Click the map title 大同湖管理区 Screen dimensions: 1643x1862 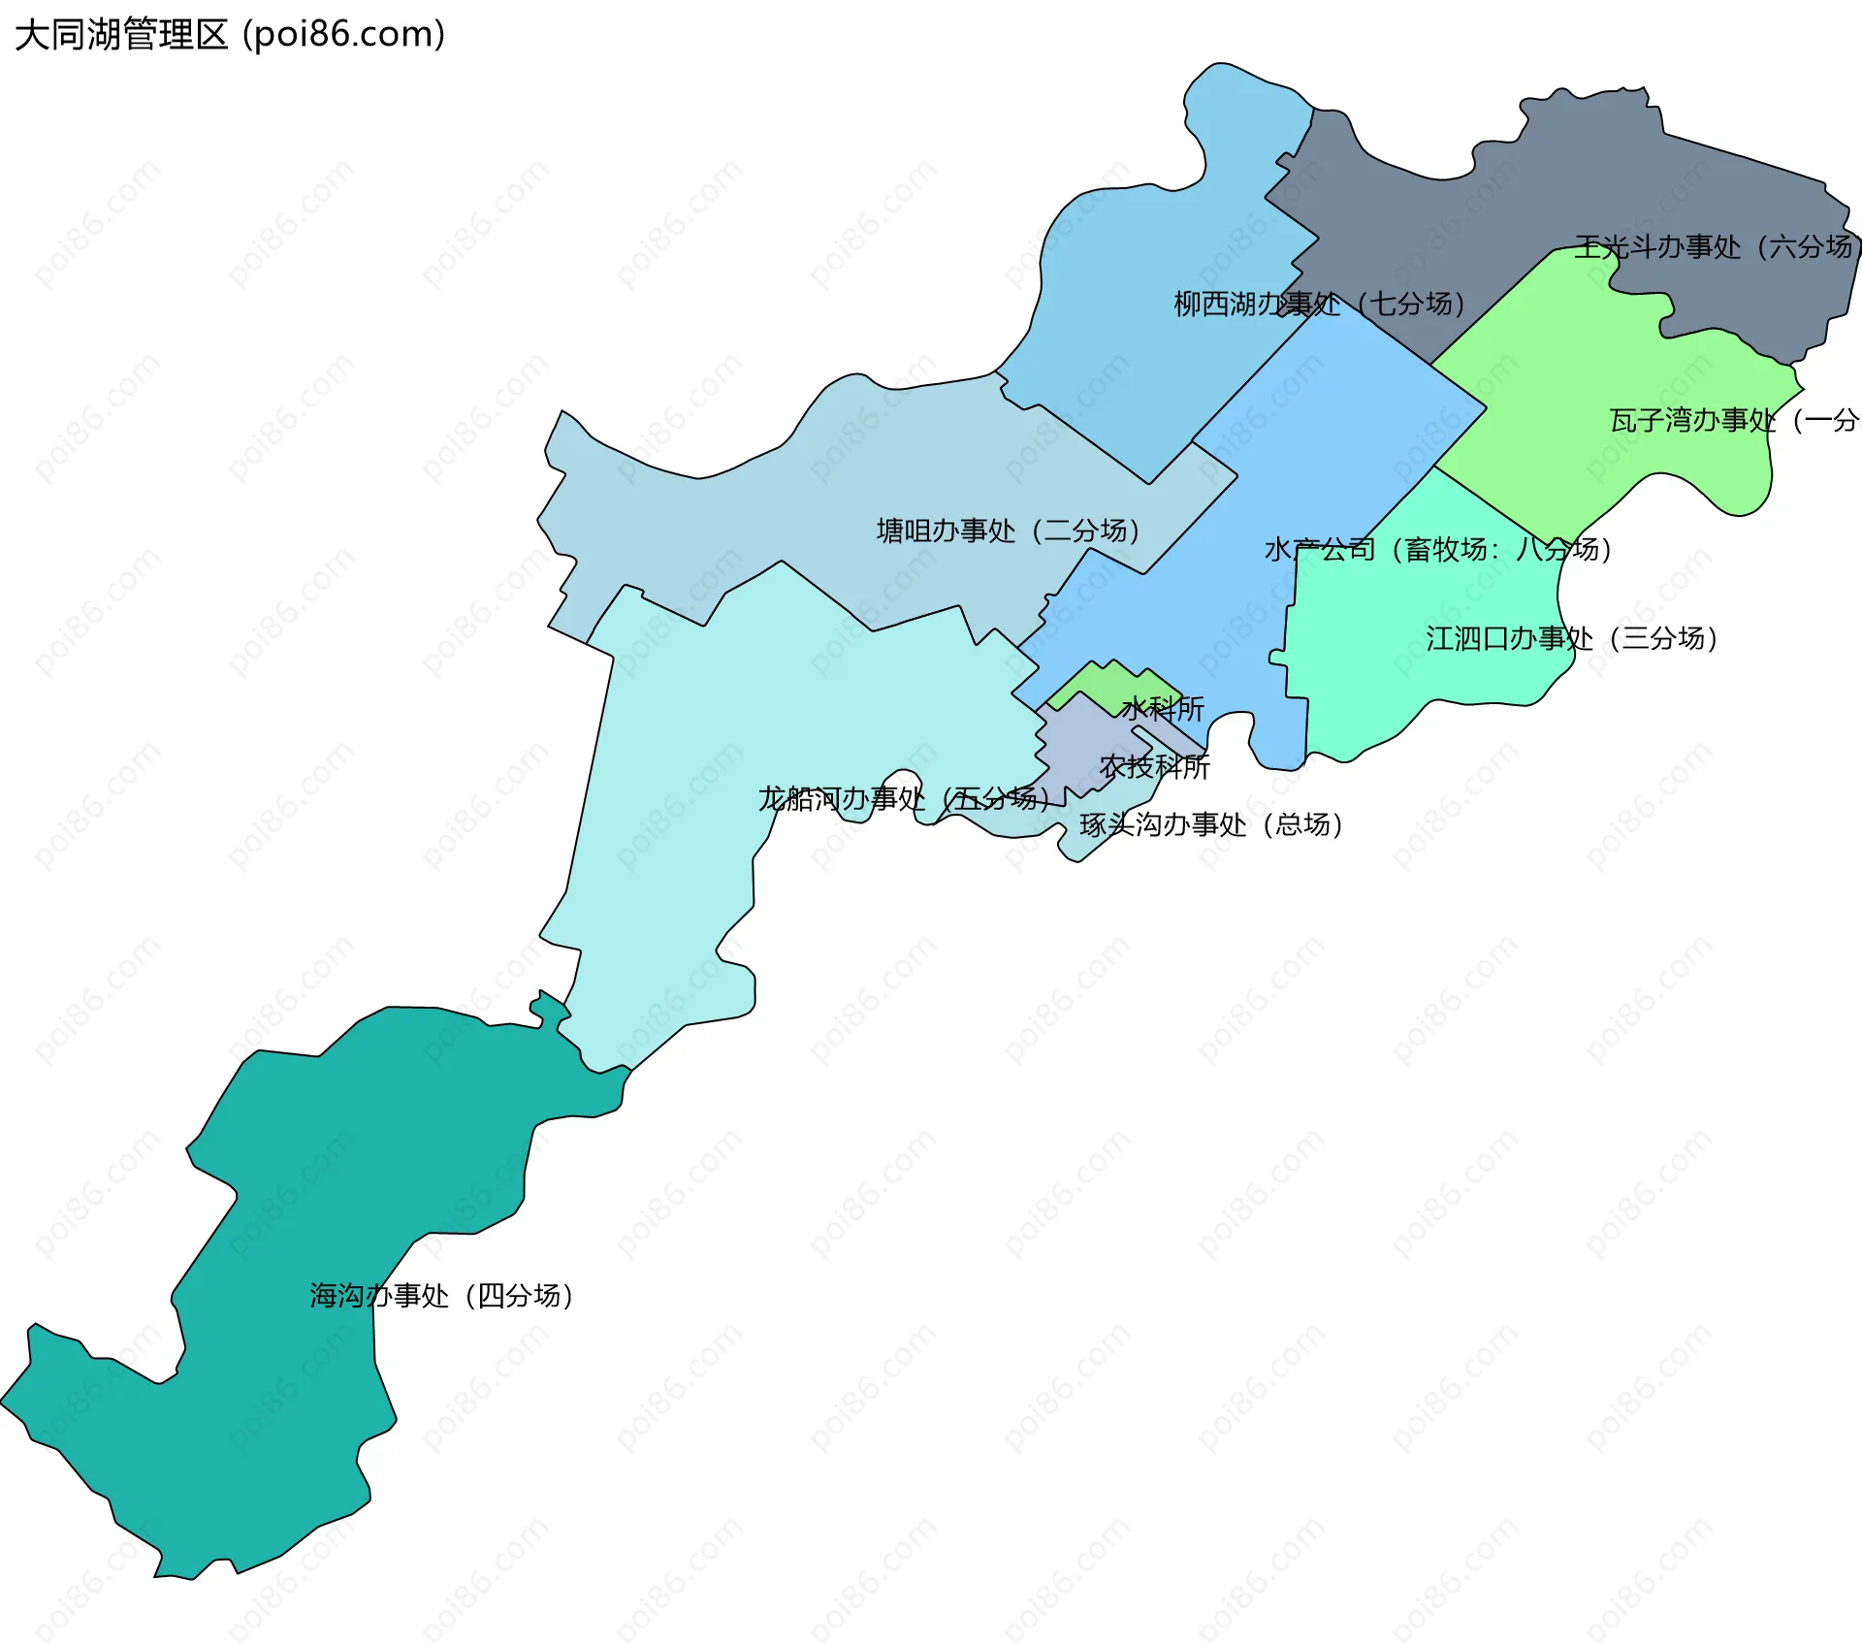coord(121,35)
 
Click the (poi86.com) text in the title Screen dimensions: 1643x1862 coord(344,35)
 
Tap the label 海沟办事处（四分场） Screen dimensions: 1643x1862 coord(442,1296)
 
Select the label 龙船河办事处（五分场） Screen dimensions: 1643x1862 coord(904,799)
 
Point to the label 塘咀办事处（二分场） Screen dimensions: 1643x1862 coord(1009,531)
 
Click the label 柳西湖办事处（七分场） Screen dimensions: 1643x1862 coord(1319,305)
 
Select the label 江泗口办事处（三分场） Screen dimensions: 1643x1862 coord(1572,638)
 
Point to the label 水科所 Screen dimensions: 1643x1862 coord(1163,709)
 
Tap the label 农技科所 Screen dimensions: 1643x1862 coord(1155,767)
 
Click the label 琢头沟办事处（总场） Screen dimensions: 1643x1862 coord(1211,824)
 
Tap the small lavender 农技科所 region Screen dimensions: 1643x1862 coord(1076,747)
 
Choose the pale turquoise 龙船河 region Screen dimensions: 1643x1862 coord(679,776)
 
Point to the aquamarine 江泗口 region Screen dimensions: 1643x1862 coord(1406,679)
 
